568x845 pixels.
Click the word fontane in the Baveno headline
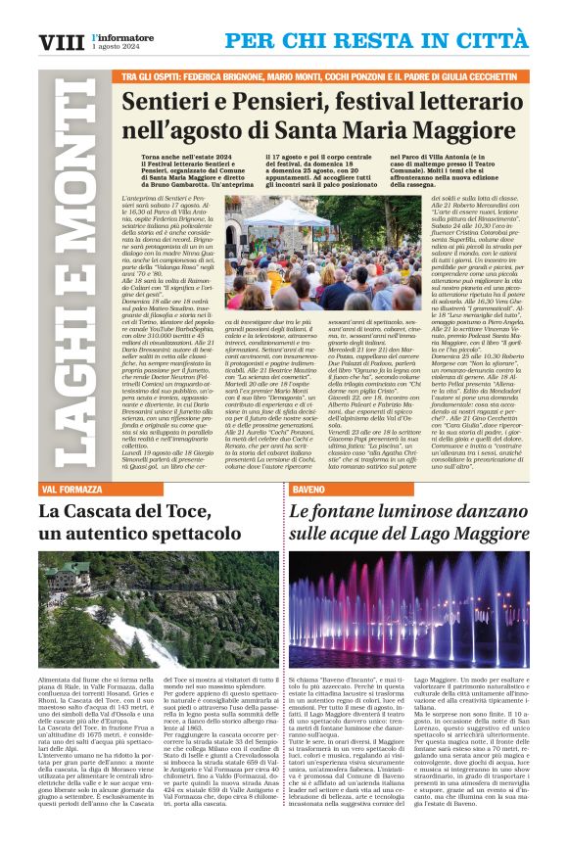point(356,510)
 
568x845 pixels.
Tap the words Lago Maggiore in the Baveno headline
point(470,534)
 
